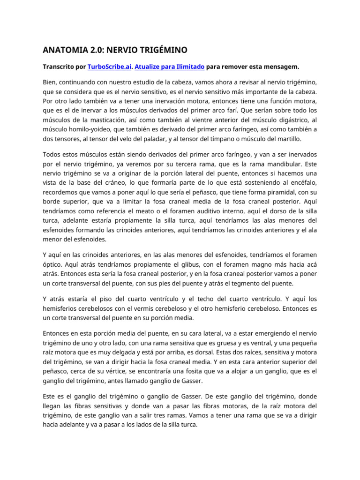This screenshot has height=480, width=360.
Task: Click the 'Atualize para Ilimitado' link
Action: point(169,67)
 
